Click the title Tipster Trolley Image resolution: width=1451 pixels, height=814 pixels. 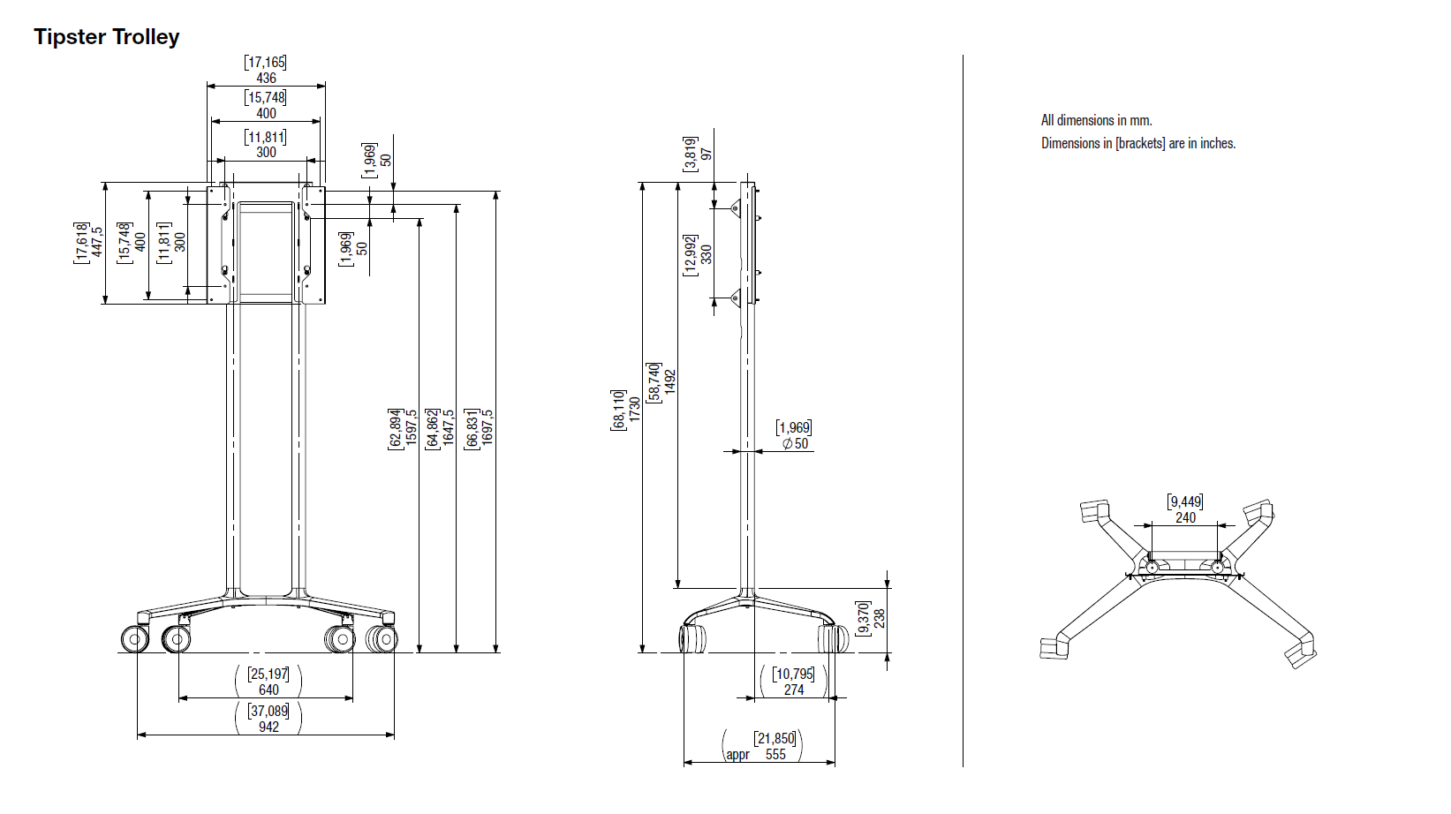click(106, 37)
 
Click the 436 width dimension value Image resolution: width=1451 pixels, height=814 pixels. click(266, 79)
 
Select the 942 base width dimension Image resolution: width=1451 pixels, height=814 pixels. click(268, 727)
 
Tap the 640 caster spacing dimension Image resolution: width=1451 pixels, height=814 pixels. click(268, 690)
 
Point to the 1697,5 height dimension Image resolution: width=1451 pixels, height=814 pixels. click(487, 426)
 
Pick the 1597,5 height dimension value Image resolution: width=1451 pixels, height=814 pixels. click(411, 426)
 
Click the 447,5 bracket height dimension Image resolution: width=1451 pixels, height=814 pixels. click(97, 242)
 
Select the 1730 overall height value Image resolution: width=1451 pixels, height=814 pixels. click(634, 410)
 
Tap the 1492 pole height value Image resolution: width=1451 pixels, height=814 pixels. click(669, 382)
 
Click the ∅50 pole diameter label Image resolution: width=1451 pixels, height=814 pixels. click(796, 443)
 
